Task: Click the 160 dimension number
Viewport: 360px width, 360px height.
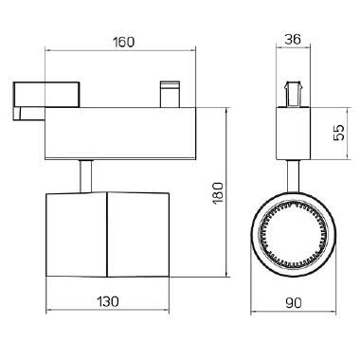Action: [124, 42]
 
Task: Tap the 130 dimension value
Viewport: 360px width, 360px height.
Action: [108, 301]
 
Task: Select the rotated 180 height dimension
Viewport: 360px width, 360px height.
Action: [218, 193]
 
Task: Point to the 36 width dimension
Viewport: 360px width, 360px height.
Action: [293, 40]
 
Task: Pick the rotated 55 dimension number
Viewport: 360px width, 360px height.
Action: [338, 133]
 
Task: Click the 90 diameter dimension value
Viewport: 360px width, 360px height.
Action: [294, 303]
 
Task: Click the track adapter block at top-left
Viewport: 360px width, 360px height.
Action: [46, 95]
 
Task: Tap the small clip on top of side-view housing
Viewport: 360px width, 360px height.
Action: [170, 95]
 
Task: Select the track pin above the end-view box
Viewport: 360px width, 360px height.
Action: [294, 95]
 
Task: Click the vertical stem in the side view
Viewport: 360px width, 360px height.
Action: [85, 176]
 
